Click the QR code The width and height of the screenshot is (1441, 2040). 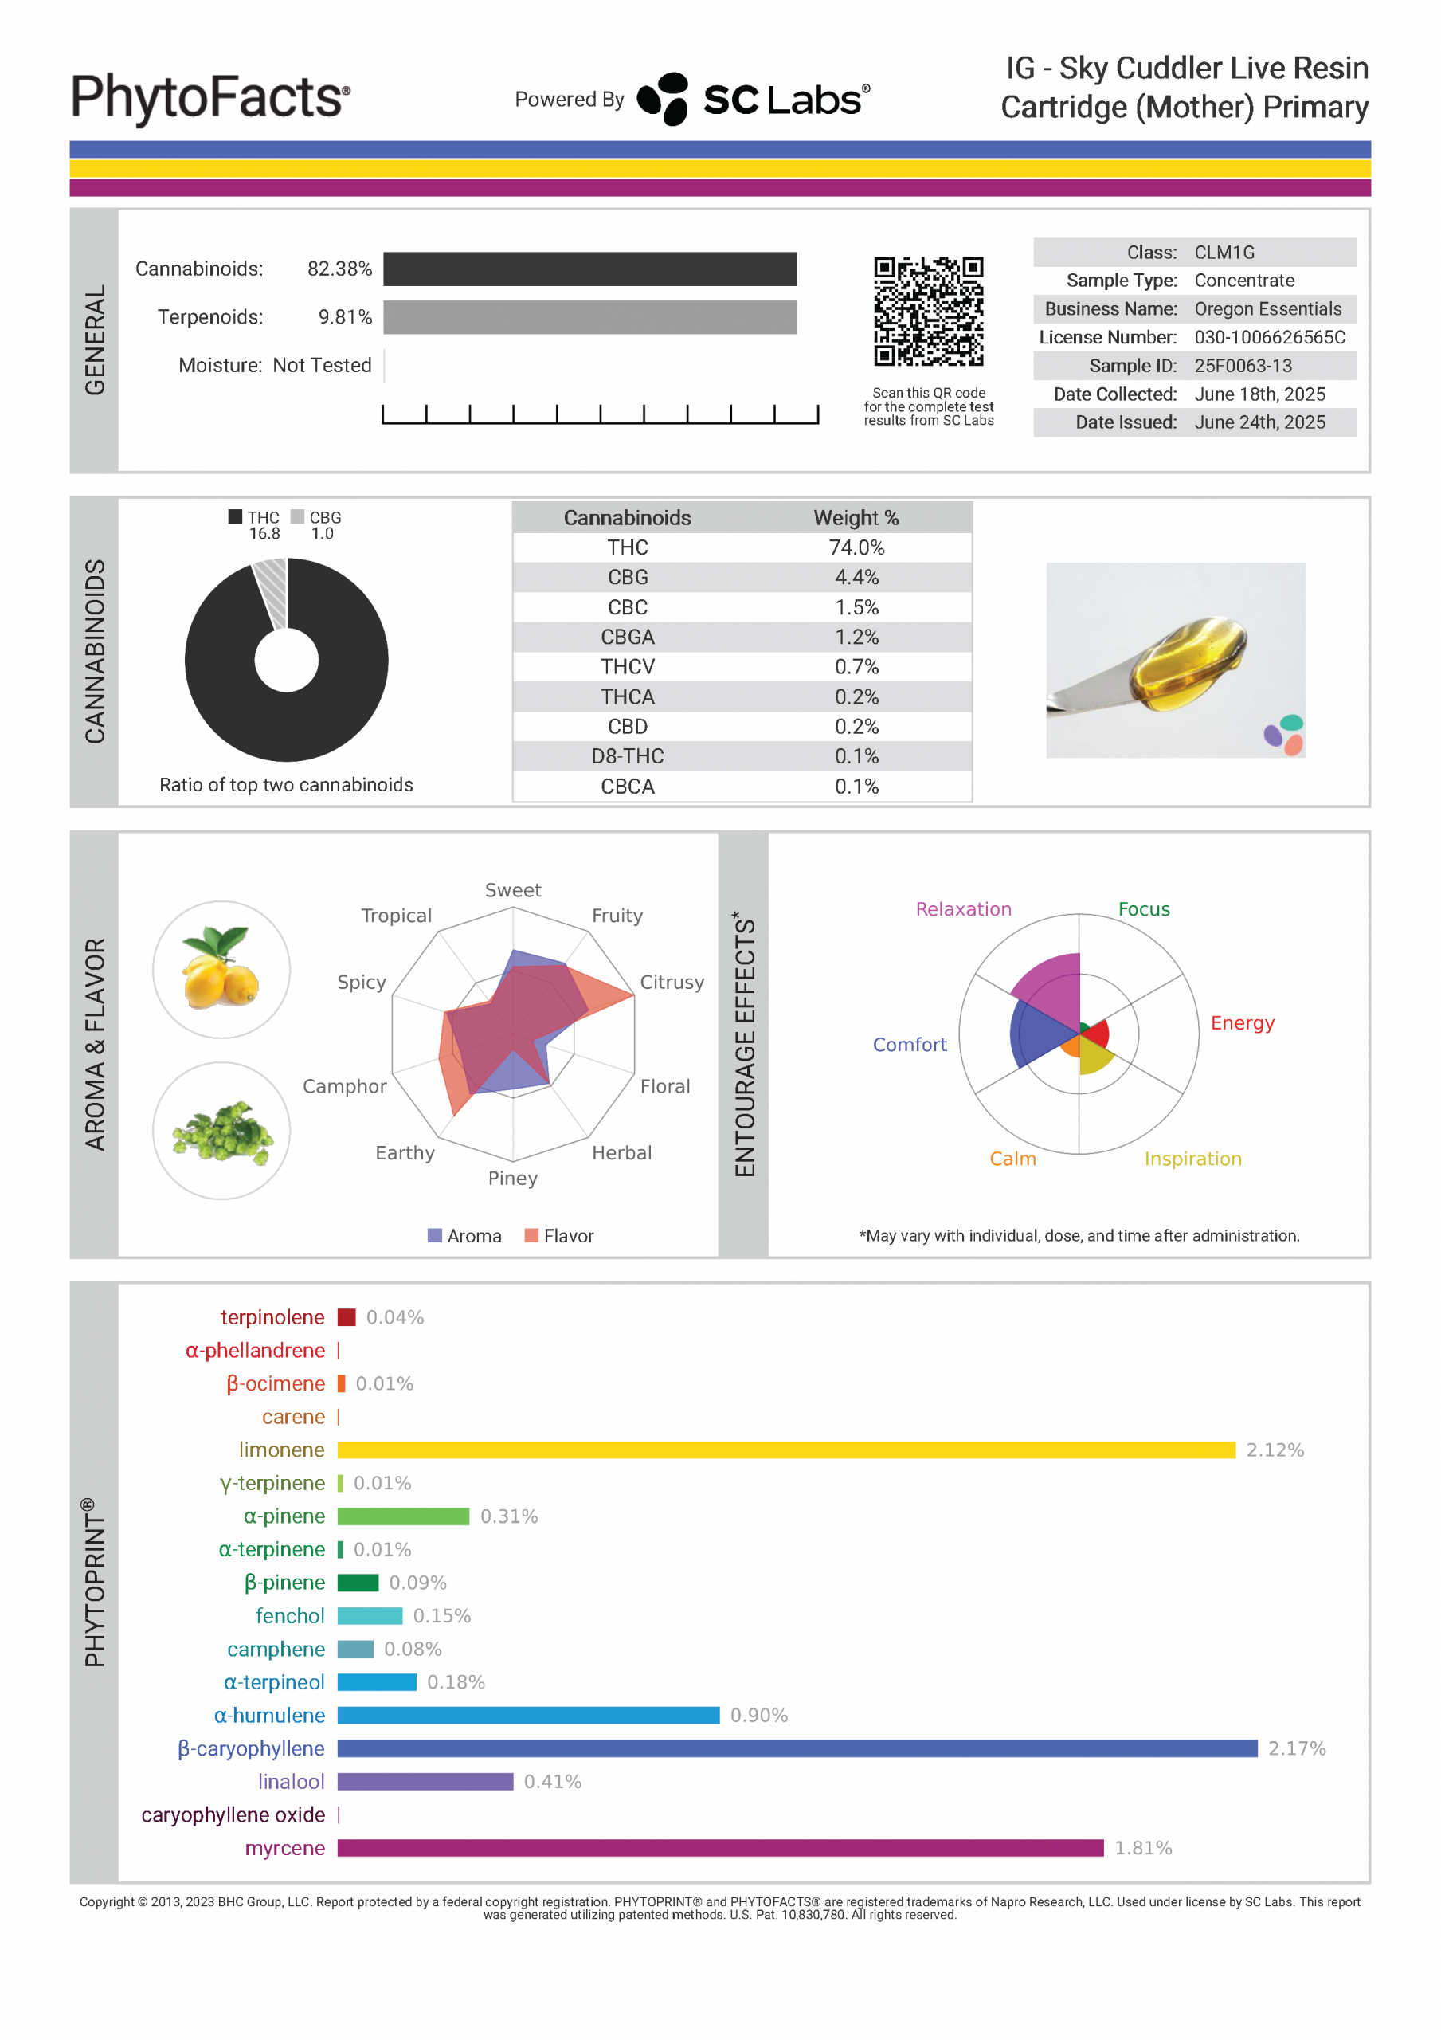pos(928,311)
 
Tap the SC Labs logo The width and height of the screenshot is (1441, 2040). pos(754,99)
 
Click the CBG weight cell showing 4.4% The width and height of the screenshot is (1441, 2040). pos(856,578)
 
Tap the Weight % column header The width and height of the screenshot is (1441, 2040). pos(856,518)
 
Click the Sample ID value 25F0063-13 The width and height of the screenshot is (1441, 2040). pos(1242,365)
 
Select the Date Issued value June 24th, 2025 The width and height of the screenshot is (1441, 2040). pos(1259,422)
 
